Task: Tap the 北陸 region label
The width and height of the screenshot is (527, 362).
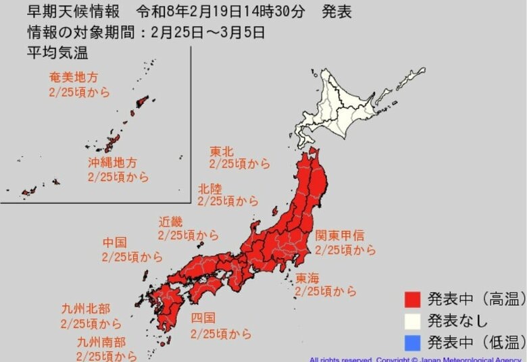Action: click(209, 188)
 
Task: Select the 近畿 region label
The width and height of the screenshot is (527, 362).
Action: click(170, 222)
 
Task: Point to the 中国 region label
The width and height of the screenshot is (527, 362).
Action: click(114, 242)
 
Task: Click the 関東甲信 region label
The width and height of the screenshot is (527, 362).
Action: click(339, 236)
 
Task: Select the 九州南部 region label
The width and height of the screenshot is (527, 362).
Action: click(101, 342)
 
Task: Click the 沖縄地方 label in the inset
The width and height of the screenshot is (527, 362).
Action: click(112, 163)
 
